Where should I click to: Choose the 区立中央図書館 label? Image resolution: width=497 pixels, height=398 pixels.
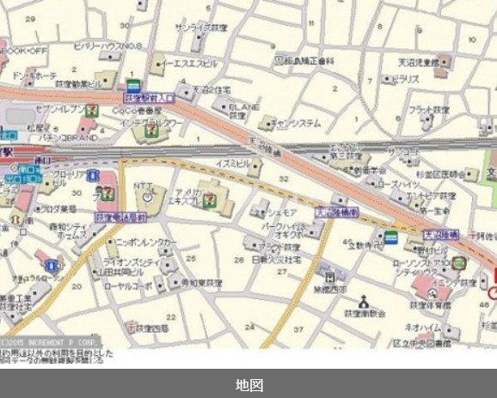[422, 343]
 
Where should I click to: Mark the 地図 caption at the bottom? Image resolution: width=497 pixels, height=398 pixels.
[248, 384]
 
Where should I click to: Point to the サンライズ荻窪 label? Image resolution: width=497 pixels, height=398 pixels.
[200, 28]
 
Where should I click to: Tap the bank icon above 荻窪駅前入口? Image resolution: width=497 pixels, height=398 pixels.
[133, 84]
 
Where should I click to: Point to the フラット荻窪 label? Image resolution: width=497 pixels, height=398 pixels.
[429, 110]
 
